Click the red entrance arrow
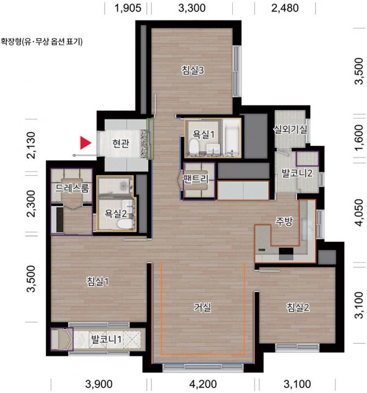point(85,143)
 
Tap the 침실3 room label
point(192,70)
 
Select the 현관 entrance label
point(121,143)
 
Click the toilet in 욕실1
point(194,146)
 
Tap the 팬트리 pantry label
point(196,178)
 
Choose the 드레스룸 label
point(72,188)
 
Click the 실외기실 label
point(290,129)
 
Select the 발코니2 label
point(297,173)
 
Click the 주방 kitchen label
point(284,221)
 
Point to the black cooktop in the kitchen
point(286,252)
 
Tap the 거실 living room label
point(202,307)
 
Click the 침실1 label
point(98,282)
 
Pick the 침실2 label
point(298,307)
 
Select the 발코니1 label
point(106,340)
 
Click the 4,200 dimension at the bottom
point(203,384)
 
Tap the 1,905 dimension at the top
point(128,8)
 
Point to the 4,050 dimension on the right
point(359,212)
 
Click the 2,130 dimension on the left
point(32,145)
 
